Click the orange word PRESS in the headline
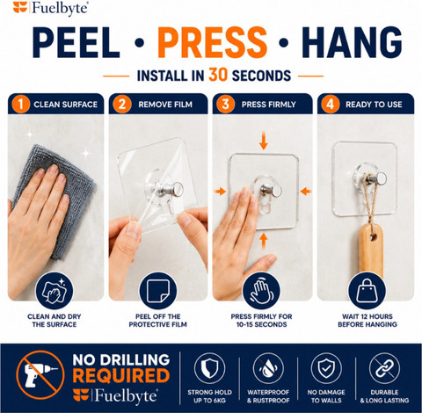pos(213,42)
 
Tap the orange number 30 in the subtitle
pos(218,75)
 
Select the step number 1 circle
pos(20,104)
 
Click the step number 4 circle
pos(331,104)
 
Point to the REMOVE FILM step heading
pos(165,105)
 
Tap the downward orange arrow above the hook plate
pos(264,141)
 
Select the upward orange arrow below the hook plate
pos(264,241)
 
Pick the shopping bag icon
pos(367,291)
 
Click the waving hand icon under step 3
pos(261,291)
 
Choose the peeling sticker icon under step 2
pos(158,291)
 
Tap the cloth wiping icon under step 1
pos(55,291)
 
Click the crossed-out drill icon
pos(40,375)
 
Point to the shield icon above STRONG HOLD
pos(209,368)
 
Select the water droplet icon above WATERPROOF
pos(268,368)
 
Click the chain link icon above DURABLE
pos(384,368)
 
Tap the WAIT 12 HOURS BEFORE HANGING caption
pos(367,321)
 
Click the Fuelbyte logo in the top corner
pos(50,7)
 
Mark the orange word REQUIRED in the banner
pos(121,376)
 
